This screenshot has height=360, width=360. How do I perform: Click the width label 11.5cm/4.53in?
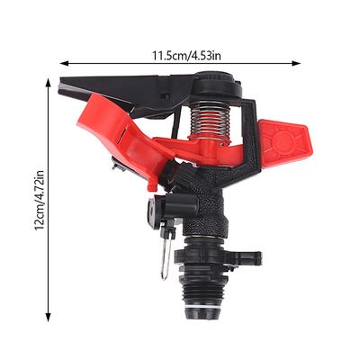pyautogui.click(x=186, y=56)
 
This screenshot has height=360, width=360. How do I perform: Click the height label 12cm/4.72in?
pyautogui.click(x=40, y=200)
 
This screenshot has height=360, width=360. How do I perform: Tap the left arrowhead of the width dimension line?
pyautogui.click(x=65, y=63)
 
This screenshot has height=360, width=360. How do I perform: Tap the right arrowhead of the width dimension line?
pyautogui.click(x=296, y=63)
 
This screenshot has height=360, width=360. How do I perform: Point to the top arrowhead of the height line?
pyautogui.click(x=48, y=83)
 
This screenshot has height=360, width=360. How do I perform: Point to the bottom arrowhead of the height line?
pyautogui.click(x=48, y=317)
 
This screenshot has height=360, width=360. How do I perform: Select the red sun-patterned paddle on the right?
pyautogui.click(x=285, y=142)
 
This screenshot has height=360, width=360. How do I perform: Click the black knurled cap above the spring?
pyautogui.click(x=217, y=85)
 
